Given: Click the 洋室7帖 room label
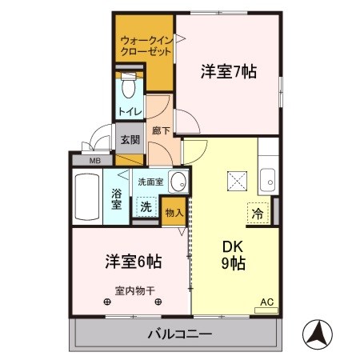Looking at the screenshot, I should [x=228, y=71].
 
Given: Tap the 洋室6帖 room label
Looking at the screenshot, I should [x=133, y=261].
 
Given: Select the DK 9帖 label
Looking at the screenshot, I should [x=234, y=254].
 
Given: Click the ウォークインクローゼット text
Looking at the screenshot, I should [x=145, y=46].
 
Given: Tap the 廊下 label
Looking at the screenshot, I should [x=158, y=128].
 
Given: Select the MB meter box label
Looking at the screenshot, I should [x=94, y=161].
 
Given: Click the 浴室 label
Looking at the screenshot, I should [x=117, y=198].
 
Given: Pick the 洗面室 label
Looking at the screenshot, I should [x=150, y=181].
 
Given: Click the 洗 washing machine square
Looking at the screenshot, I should [x=146, y=205].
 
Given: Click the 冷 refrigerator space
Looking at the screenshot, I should [x=258, y=214].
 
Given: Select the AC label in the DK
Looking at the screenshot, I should [x=266, y=302].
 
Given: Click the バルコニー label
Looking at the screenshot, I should [x=178, y=334].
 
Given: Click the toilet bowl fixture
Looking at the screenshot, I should [x=129, y=86].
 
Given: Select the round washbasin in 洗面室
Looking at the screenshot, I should [x=180, y=181].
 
